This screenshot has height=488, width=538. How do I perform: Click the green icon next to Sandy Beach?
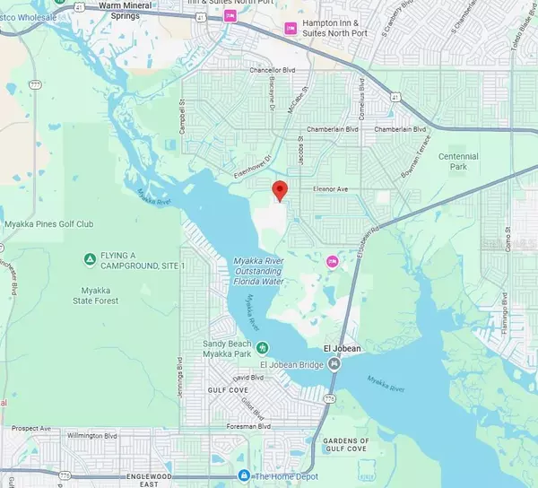point(263,348)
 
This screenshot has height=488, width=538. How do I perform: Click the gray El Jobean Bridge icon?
point(334,363)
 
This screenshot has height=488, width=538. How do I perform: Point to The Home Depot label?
point(284,475)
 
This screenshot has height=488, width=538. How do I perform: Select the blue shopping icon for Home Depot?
point(243,475)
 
